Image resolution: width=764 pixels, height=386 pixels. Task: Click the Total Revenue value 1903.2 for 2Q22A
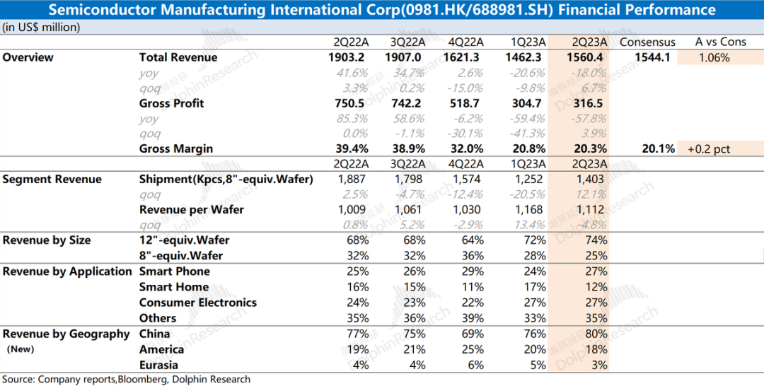coord(346,57)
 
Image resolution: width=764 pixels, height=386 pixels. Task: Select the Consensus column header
coord(647,42)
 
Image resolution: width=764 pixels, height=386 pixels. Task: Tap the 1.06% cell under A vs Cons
coord(714,58)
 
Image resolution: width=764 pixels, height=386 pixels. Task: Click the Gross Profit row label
coord(171,103)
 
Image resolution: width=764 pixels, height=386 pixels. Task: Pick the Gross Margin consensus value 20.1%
coord(659,148)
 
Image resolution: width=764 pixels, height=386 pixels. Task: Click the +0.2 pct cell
coord(708,149)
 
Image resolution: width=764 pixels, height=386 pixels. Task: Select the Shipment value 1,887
coord(352,180)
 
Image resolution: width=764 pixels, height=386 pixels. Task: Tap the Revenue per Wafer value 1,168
coord(528,210)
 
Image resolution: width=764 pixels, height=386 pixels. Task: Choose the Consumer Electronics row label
coord(198,303)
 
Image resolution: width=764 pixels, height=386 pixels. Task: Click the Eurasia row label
coord(158,365)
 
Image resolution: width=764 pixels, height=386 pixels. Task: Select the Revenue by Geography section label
coord(66,334)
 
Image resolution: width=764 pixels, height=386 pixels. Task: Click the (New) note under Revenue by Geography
coord(21,349)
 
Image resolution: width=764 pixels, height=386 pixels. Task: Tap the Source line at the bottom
coord(126,379)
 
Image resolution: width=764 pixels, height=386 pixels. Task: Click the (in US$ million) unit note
coord(41,28)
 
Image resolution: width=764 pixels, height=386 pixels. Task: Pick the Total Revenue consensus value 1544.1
coord(652,57)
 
